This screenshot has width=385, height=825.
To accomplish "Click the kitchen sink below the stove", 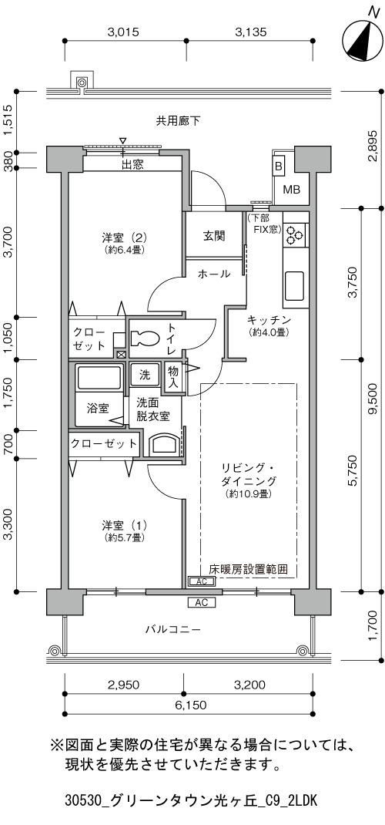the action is click(x=295, y=286).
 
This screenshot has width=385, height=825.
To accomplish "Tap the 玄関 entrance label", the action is click(x=214, y=235).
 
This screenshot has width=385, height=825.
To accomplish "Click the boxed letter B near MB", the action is click(x=279, y=166).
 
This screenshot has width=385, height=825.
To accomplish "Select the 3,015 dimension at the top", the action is click(x=123, y=32).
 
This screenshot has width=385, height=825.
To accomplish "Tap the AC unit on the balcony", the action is click(x=201, y=602).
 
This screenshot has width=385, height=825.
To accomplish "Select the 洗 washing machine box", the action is click(x=145, y=375).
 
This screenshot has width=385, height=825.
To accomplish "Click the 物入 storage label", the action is click(x=172, y=377).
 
